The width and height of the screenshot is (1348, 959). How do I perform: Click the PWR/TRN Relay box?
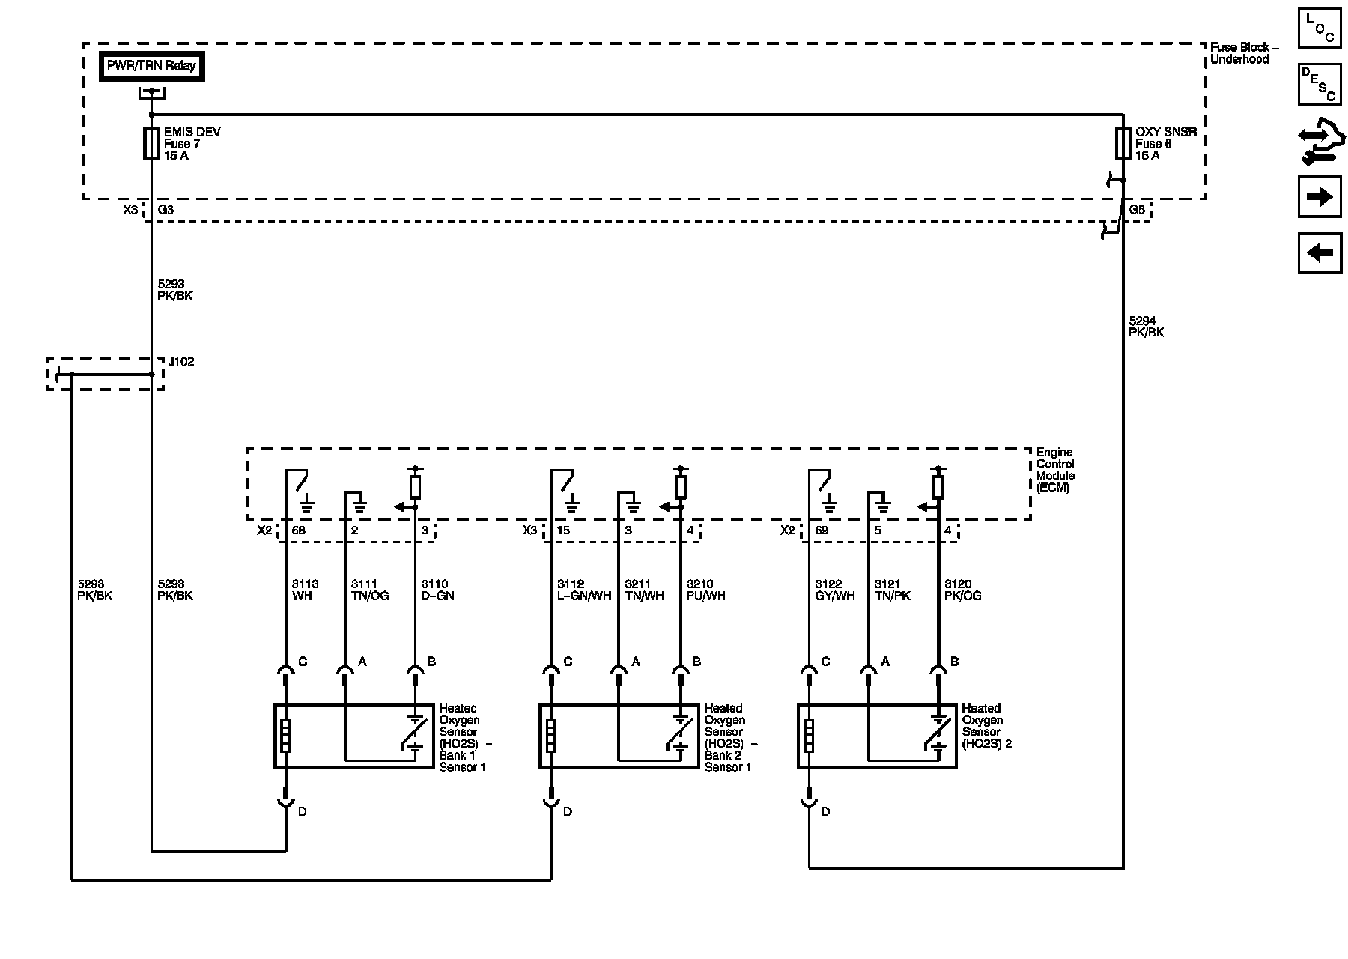point(151,66)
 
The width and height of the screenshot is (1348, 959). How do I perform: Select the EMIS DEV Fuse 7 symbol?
point(151,143)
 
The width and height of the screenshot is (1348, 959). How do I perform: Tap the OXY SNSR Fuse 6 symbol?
point(1123,143)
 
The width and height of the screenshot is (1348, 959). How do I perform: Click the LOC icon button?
point(1320,28)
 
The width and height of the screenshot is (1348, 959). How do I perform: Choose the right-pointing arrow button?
point(1320,197)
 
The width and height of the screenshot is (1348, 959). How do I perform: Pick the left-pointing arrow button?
point(1320,252)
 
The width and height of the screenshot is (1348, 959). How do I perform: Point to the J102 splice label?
point(181,362)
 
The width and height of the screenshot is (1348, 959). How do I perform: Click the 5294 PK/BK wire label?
point(1147,327)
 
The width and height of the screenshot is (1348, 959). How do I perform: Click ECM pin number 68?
point(299,530)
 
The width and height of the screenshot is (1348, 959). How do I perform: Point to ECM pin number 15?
point(563,530)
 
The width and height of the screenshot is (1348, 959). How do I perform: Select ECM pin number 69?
point(822,530)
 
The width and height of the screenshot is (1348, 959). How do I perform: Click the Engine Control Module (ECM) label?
point(1055,470)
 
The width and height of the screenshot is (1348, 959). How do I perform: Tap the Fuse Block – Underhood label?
point(1244,53)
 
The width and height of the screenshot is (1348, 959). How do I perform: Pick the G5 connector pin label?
point(1137,211)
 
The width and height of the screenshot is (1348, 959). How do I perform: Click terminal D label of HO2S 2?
point(825,811)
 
